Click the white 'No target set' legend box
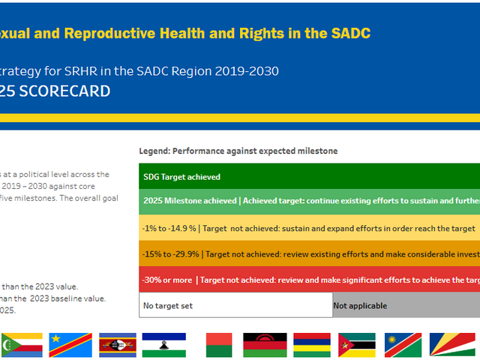(x=235, y=305)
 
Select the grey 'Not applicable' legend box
(x=406, y=305)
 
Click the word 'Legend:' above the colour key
(x=156, y=151)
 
